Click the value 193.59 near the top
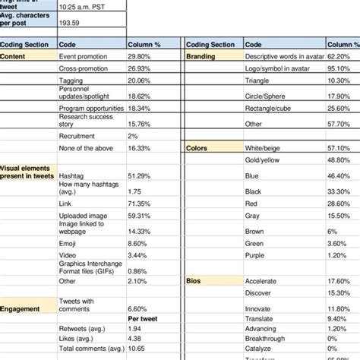pos(71,23)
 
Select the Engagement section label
pos(21,309)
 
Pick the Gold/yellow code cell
pos(262,161)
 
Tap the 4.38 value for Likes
pos(135,338)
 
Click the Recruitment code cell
pos(77,135)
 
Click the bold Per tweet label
pos(143,319)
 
